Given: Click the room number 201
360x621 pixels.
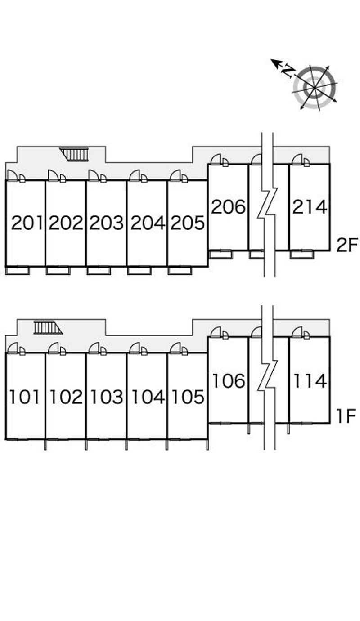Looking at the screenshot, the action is point(27,223).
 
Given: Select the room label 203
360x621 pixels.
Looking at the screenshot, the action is point(106,223).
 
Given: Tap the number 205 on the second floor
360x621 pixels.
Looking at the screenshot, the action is point(188,223).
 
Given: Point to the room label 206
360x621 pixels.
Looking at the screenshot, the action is point(228,206).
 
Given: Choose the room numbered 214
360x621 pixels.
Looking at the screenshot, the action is point(310,207).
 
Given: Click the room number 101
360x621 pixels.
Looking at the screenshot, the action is point(24,397).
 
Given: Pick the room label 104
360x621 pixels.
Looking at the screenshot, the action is point(148,397).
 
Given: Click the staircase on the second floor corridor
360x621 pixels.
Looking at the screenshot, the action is point(74,154).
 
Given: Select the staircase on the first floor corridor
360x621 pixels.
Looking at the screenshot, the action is point(48,327).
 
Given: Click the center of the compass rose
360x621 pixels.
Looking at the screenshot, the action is point(315,88).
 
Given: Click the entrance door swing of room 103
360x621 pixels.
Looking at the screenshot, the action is point(94,348).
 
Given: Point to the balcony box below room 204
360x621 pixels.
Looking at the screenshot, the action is point(139,271).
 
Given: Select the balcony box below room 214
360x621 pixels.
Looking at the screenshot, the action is point(302,254).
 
